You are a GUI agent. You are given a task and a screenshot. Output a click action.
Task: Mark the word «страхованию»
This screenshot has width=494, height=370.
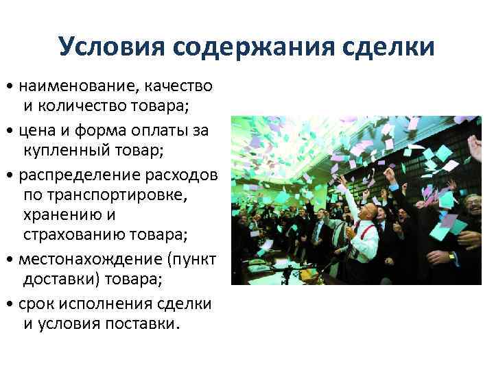coord(75,236)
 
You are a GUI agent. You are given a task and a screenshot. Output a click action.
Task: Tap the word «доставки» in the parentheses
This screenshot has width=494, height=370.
coord(56,280)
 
